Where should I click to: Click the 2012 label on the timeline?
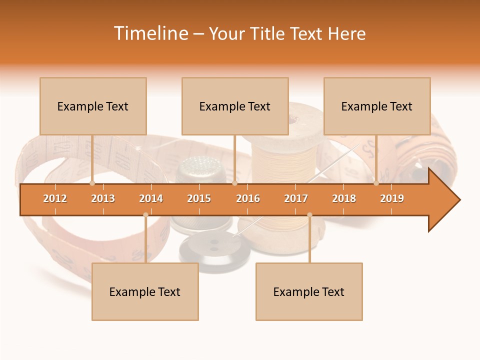pos(55,198)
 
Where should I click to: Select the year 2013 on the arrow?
pos(103,198)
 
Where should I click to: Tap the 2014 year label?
pos(151,198)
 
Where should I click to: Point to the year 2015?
pos(199,198)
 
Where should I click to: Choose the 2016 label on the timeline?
pos(248,198)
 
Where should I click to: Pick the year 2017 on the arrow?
pos(296,198)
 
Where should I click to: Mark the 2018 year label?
pos(344,198)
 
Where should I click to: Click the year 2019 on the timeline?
pos(392,198)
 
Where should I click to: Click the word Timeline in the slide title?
pos(151,33)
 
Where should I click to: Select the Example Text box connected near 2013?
pos(93,106)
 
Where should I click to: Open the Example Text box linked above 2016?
pos(235,106)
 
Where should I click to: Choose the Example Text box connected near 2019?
pos(377,106)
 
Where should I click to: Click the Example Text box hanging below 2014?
pos(145,291)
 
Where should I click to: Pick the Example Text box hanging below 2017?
pos(309,291)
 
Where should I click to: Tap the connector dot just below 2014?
pos(145,215)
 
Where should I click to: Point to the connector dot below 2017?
pos(309,215)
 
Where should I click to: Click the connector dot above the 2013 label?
pos(92,183)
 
